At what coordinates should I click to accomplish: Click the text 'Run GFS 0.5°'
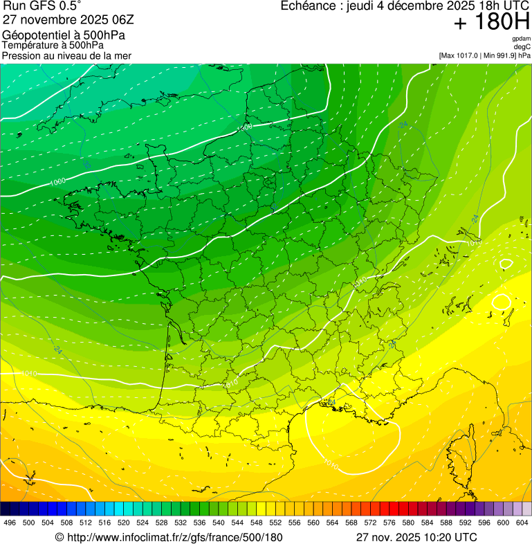point(42,6)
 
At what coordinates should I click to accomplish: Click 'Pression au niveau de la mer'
point(66,55)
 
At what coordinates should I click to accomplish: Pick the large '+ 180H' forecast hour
point(492,23)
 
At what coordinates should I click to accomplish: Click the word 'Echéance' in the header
point(309,6)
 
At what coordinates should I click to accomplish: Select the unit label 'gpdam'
point(521,39)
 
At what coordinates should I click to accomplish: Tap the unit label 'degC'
point(522,47)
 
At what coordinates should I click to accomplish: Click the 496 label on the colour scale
point(10,523)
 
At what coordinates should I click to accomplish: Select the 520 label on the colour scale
point(124,523)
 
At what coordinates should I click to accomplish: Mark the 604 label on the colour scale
point(522,523)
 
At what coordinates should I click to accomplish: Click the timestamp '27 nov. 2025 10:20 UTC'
point(416,537)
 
